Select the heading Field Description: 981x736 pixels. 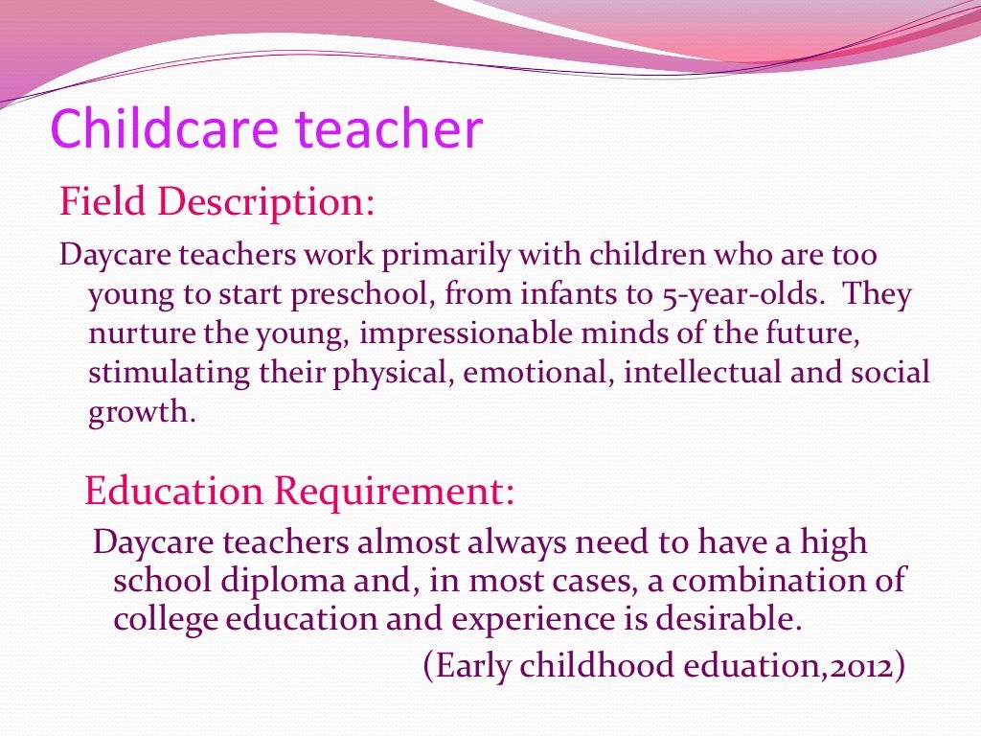[x=217, y=203]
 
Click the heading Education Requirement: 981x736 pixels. [x=300, y=492]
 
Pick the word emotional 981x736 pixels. [x=536, y=372]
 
